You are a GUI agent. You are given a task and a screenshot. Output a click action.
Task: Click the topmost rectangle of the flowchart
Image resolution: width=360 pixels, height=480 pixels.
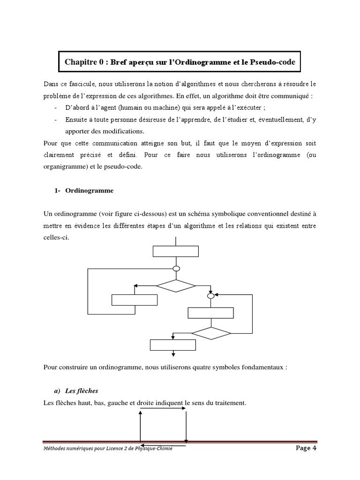click(175, 251)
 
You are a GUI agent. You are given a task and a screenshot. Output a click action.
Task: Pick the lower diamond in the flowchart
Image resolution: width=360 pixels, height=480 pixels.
click(211, 333)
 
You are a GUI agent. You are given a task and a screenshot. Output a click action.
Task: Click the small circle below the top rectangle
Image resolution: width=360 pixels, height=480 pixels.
click(176, 269)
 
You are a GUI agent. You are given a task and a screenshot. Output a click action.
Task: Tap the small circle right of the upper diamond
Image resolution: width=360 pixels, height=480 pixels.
click(211, 296)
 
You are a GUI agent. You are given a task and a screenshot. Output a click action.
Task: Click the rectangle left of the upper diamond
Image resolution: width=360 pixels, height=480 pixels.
click(134, 300)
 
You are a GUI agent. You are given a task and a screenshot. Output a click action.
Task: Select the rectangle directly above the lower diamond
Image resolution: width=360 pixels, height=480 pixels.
click(210, 313)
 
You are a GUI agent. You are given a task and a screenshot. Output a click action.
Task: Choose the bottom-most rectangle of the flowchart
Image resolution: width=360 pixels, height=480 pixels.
click(172, 345)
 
